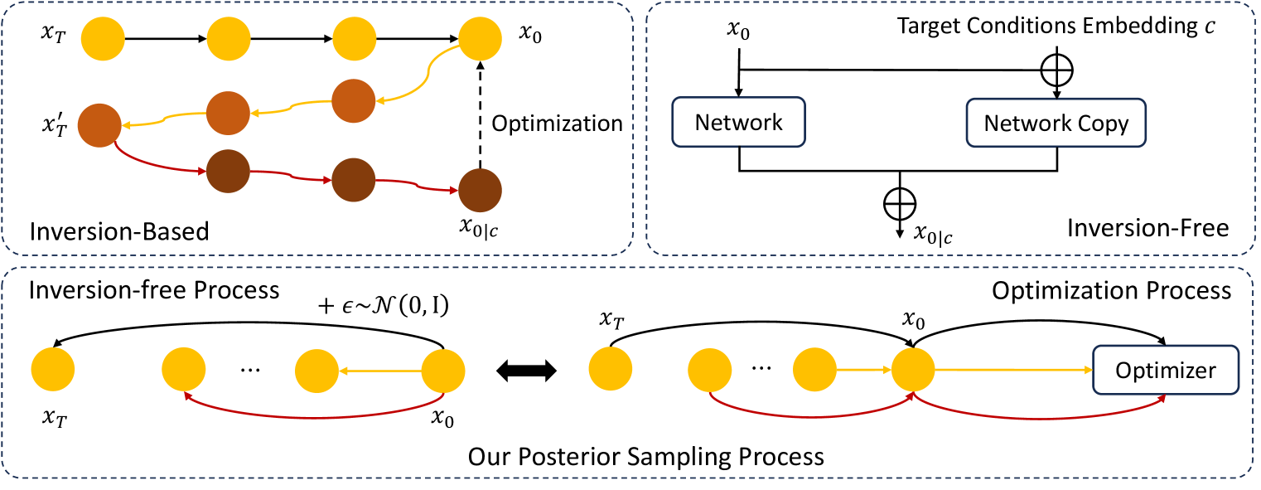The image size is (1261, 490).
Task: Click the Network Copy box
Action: point(1056,124)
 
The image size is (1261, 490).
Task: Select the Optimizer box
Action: point(1166,370)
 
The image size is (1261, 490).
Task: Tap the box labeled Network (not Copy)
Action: point(739,124)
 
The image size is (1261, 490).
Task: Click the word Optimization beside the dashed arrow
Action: point(557,124)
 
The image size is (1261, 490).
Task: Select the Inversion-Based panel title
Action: point(118,231)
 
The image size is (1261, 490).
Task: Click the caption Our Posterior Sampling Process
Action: point(645,456)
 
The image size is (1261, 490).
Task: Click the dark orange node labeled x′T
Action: point(99,126)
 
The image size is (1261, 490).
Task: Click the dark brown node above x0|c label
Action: point(479,190)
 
